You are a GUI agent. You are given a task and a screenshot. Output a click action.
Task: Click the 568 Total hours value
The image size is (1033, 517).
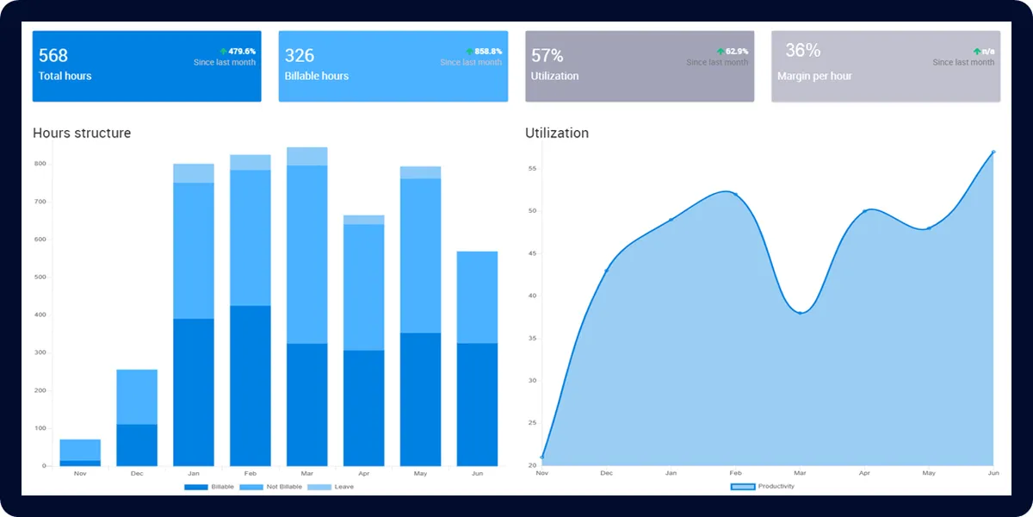53,56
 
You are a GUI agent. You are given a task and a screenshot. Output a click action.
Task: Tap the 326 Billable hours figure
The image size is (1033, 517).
300,56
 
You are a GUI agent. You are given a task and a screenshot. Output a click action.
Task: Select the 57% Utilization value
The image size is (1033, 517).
547,56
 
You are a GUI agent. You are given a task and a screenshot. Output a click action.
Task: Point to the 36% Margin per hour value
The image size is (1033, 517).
802,51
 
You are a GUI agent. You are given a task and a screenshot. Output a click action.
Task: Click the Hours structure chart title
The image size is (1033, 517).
82,133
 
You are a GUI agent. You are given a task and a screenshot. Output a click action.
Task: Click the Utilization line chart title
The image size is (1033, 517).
557,133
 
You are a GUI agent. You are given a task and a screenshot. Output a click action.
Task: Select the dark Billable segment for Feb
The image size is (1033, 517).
251,386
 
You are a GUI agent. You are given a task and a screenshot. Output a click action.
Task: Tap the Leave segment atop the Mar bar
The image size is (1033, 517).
307,156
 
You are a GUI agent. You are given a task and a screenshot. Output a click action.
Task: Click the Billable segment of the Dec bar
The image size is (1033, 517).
137,445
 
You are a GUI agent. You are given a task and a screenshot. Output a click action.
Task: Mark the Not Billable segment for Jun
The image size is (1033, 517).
478,297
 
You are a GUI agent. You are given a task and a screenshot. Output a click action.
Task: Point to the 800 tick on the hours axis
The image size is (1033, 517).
40,163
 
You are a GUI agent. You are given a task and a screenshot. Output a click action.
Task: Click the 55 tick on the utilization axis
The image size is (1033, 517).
532,169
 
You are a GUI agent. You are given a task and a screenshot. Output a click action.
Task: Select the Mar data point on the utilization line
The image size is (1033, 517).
800,312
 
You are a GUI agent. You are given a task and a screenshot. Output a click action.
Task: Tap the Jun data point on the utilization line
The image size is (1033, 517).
993,153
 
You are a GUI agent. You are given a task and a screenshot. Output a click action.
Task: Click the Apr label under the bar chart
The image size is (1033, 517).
364,474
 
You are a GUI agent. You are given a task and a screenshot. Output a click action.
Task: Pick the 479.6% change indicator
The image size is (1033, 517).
238,52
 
